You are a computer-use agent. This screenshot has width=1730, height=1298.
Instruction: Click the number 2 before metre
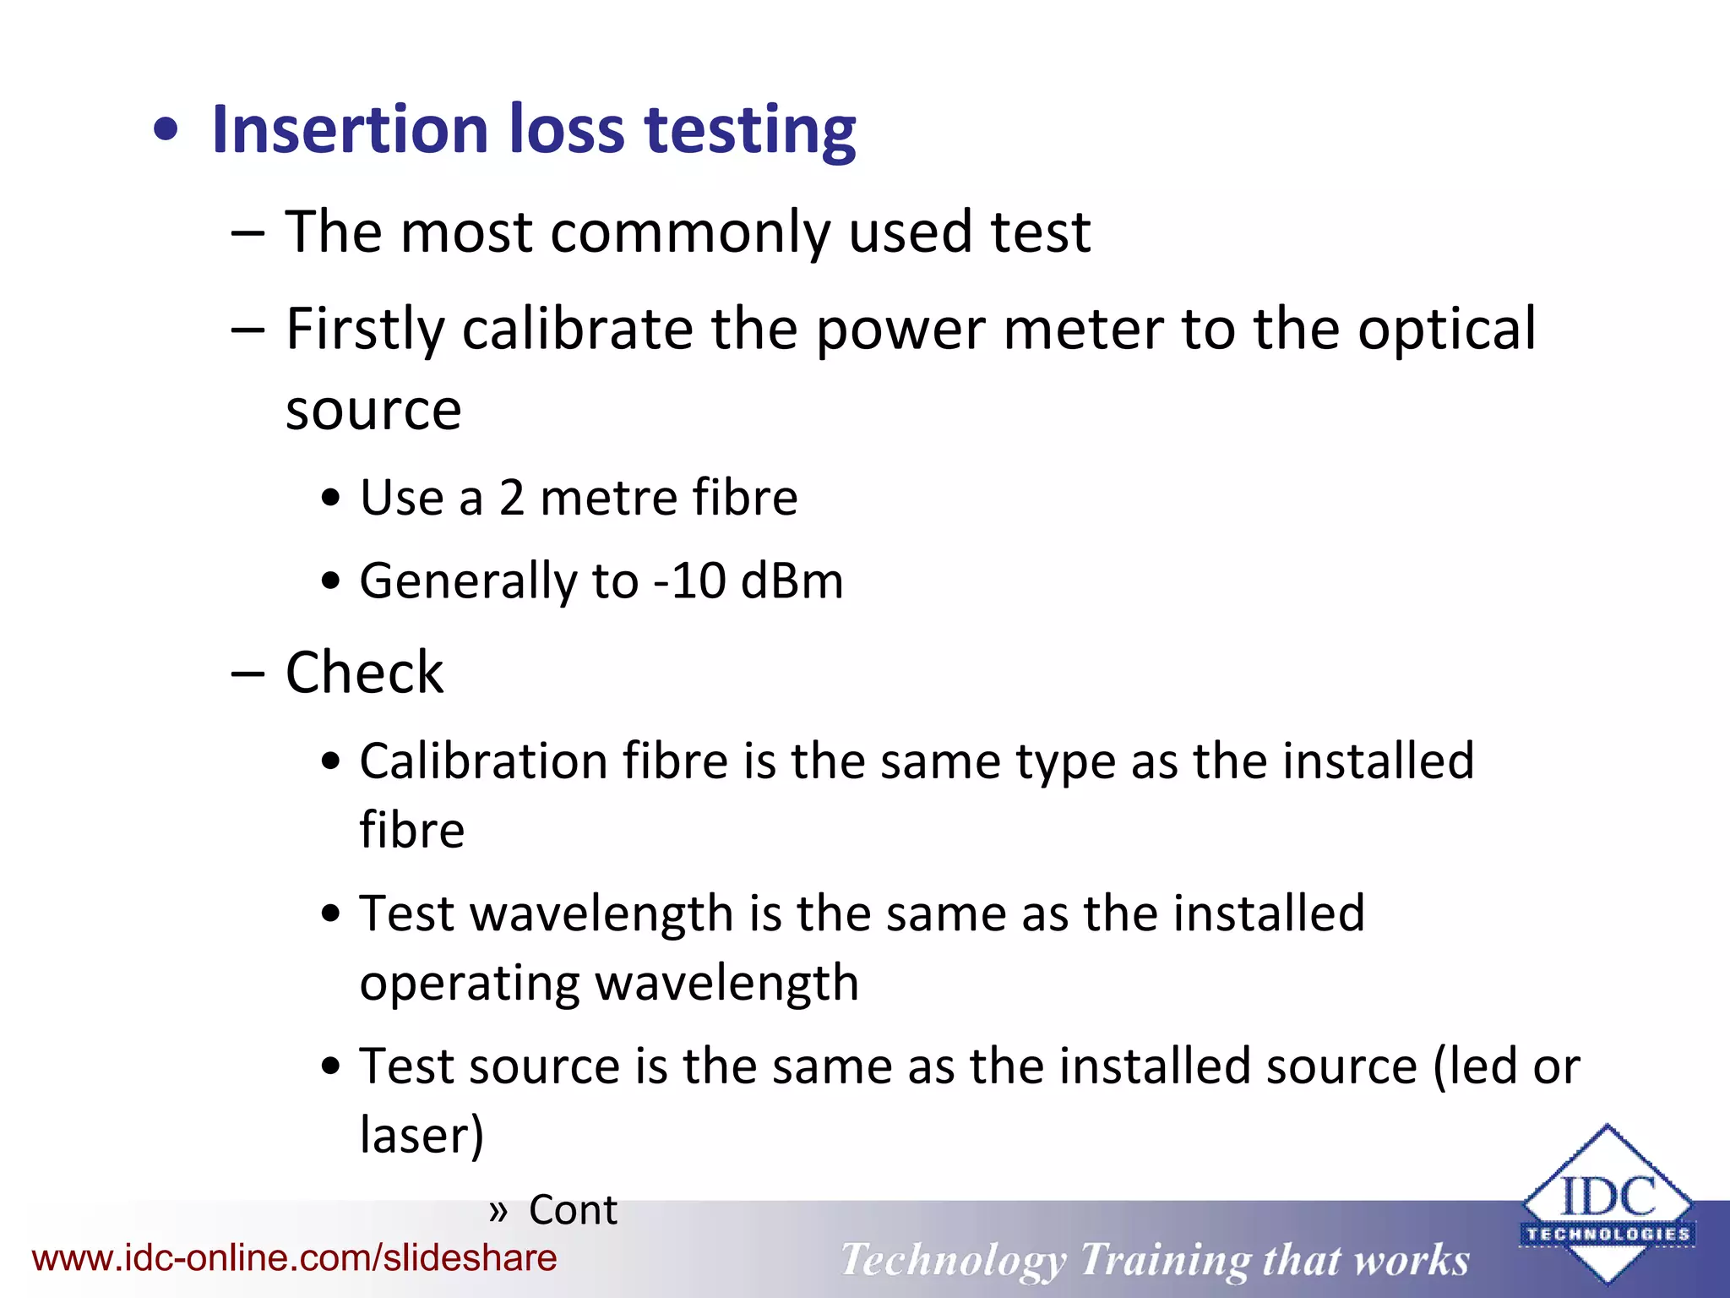click(x=512, y=497)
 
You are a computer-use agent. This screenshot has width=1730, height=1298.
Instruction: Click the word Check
click(x=364, y=674)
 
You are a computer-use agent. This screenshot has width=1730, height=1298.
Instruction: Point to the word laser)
click(x=422, y=1135)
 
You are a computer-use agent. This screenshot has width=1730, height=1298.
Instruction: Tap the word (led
click(x=1475, y=1066)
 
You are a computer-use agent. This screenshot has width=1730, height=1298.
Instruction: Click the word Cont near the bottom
click(x=573, y=1210)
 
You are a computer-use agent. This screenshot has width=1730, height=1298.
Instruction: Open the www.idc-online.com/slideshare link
click(x=294, y=1258)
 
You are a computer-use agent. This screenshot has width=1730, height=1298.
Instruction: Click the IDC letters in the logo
click(x=1608, y=1196)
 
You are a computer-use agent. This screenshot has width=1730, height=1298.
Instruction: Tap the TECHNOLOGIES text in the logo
click(x=1608, y=1235)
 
